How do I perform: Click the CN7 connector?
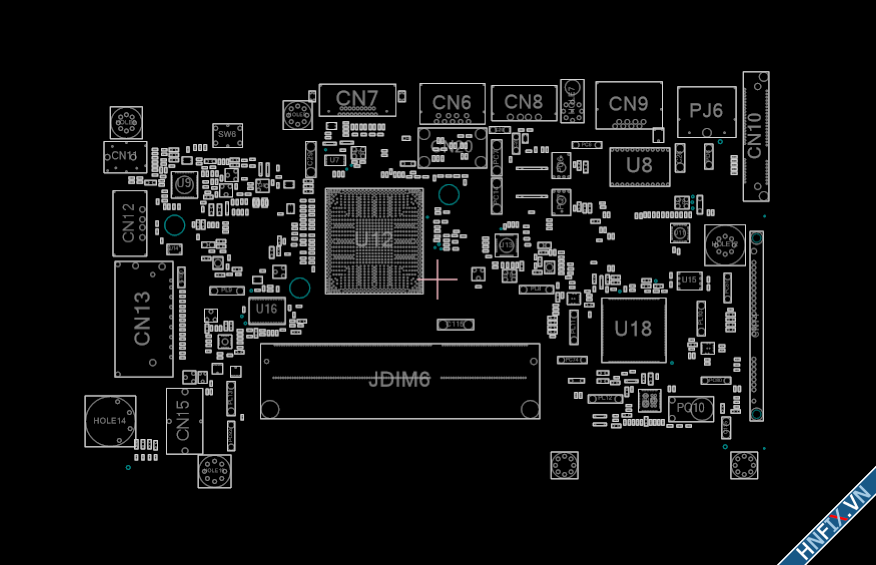point(357,100)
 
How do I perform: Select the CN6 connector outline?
point(452,103)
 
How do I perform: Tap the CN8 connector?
point(524,103)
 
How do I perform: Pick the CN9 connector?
point(628,105)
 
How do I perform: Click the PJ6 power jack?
point(706,111)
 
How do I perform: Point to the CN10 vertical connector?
point(755,136)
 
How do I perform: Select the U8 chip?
point(639,166)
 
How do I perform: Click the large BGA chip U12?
point(374,240)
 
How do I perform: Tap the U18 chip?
point(633,330)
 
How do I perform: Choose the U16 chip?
point(267,310)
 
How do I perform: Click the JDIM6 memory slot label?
point(399,380)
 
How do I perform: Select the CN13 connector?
point(144,319)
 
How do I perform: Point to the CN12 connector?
point(130,223)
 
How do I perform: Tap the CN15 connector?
point(184,420)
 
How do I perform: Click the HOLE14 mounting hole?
point(110,421)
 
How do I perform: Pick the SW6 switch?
point(227,135)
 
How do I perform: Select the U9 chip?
point(185,184)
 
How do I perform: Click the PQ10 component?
point(690,408)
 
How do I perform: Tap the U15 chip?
point(689,280)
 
